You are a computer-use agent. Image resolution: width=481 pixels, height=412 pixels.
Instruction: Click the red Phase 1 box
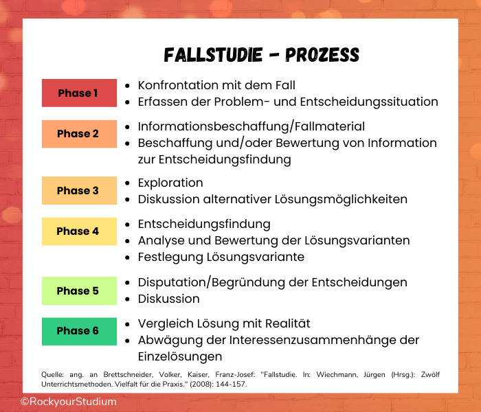tap(79, 93)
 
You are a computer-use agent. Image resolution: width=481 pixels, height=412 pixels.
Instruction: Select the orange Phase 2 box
tap(79, 134)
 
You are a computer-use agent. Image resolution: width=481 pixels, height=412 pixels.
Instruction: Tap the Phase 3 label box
tap(79, 191)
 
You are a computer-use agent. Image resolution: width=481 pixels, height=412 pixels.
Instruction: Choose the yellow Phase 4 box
tap(79, 231)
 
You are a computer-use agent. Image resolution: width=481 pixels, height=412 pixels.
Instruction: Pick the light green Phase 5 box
tap(79, 290)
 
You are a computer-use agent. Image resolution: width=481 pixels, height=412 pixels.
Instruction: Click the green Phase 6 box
tap(79, 331)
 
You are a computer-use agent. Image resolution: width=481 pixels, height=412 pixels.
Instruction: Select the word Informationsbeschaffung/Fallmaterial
tap(251, 126)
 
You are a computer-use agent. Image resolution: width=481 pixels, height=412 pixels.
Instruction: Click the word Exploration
tap(170, 183)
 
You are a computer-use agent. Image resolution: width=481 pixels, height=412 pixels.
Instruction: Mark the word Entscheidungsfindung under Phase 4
tap(204, 224)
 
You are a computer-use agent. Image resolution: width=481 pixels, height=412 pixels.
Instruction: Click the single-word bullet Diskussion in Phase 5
tap(168, 299)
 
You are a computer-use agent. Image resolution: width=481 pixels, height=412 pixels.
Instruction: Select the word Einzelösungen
tap(180, 356)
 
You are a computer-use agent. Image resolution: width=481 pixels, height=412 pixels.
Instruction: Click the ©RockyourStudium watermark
tap(68, 401)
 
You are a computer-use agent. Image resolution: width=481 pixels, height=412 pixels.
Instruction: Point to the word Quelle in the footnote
tap(54, 374)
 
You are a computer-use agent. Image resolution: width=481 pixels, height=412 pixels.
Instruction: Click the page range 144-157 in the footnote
tap(229, 384)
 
